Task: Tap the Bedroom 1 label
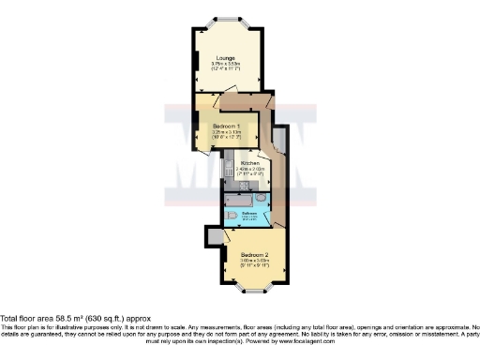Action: (x=228, y=126)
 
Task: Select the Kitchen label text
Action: (x=249, y=163)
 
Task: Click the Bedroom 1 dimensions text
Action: (x=228, y=134)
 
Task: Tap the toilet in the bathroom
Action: (x=231, y=217)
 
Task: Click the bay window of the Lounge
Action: (x=227, y=19)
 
